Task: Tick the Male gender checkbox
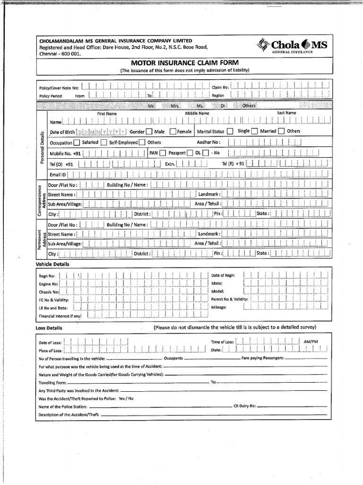click(x=149, y=132)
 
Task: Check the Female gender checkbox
click(x=173, y=132)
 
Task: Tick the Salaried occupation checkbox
click(x=77, y=142)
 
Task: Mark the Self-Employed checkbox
click(x=104, y=142)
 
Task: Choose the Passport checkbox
click(x=190, y=153)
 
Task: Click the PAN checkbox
click(x=162, y=153)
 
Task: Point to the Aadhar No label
click(x=208, y=142)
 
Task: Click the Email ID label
click(x=58, y=175)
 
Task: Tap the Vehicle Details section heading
click(x=52, y=264)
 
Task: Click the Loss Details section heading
click(x=49, y=328)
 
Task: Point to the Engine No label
click(x=48, y=284)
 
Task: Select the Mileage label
click(x=218, y=307)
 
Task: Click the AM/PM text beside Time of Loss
click(x=311, y=341)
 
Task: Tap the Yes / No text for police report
click(x=126, y=399)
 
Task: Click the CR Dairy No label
click(x=244, y=406)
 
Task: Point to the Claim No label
click(x=220, y=87)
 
